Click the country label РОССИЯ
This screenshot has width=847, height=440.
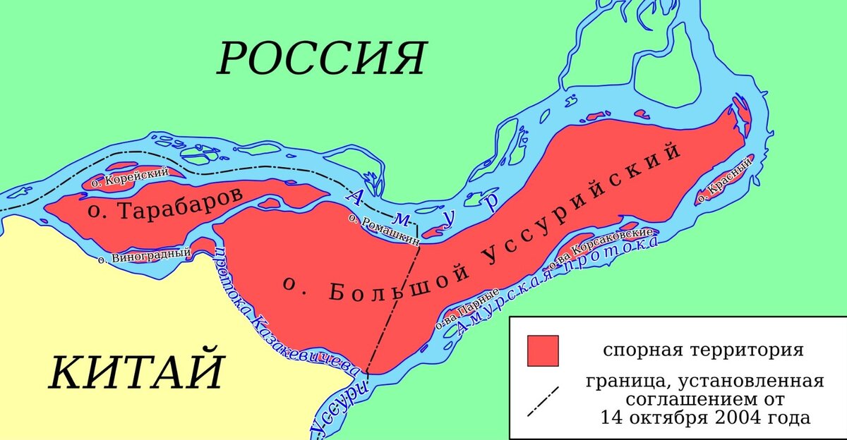321,58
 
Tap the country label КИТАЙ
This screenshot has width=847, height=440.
136,372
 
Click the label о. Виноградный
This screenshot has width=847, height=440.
145,255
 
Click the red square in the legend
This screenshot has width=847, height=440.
542,350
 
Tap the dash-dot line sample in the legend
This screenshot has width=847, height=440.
542,401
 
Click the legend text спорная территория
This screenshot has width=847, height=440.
702,350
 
